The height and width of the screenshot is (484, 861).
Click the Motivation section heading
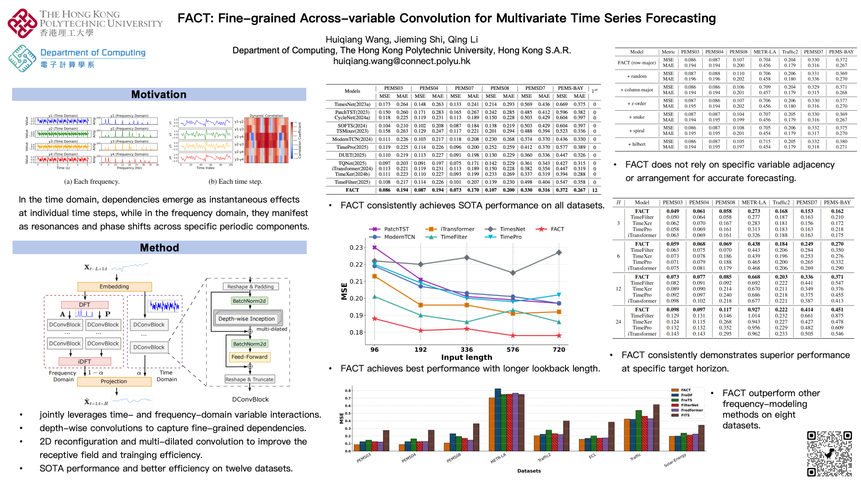point(159,95)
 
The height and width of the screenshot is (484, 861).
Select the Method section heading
point(159,248)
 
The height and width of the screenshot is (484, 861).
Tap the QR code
point(829,453)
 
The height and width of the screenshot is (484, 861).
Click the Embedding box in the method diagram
point(114,287)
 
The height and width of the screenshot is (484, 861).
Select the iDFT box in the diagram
point(84,362)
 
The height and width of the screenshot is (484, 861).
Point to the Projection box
point(114,381)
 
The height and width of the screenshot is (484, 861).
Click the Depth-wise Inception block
point(247,319)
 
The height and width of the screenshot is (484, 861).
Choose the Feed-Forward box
point(249,357)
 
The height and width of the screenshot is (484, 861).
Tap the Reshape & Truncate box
point(249,380)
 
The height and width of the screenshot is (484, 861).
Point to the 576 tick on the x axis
point(513,350)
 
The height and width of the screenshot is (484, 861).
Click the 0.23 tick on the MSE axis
point(356,247)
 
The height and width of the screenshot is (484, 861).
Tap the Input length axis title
point(466,358)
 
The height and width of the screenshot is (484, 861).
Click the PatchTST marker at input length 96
point(375,247)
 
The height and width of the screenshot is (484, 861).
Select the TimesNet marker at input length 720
point(559,252)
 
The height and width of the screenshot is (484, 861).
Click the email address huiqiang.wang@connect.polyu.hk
point(401,61)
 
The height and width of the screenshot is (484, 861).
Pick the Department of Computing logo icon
point(22,58)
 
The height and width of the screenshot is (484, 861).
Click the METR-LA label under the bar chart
point(498,458)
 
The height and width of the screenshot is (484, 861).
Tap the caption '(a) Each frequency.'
point(92,181)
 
